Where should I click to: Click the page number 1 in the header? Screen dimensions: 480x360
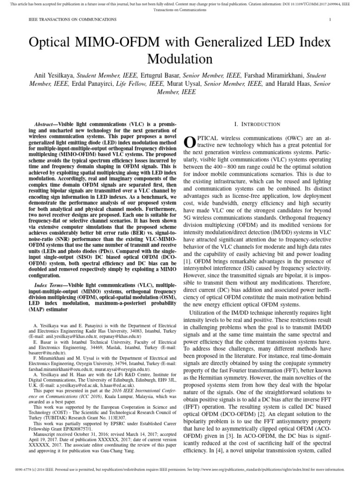coord(330,20)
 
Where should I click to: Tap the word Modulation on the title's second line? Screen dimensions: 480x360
coord(180,59)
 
